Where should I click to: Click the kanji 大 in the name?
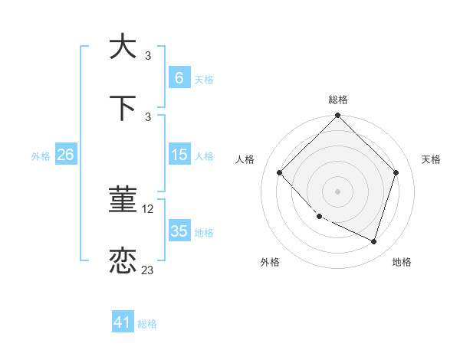(123, 46)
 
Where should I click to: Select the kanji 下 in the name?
(123, 108)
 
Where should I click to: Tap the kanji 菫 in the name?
(123, 200)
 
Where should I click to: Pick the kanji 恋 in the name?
(123, 260)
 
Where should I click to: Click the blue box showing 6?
(179, 77)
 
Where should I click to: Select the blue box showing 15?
(179, 155)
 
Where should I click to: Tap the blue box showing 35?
(179, 231)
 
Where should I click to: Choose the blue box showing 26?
(65, 155)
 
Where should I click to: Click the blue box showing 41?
(123, 322)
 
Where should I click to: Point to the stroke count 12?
(149, 209)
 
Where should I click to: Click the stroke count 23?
(148, 270)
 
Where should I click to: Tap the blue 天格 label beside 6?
(204, 79)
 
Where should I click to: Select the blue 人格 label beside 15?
(204, 155)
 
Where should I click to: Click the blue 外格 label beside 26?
(41, 155)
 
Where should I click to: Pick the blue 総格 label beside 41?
(147, 324)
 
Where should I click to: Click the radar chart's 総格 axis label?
(338, 100)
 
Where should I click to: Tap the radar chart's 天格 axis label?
(432, 159)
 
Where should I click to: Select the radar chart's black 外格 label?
(270, 262)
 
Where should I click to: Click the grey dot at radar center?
(337, 191)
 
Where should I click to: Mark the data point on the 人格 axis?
(280, 173)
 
